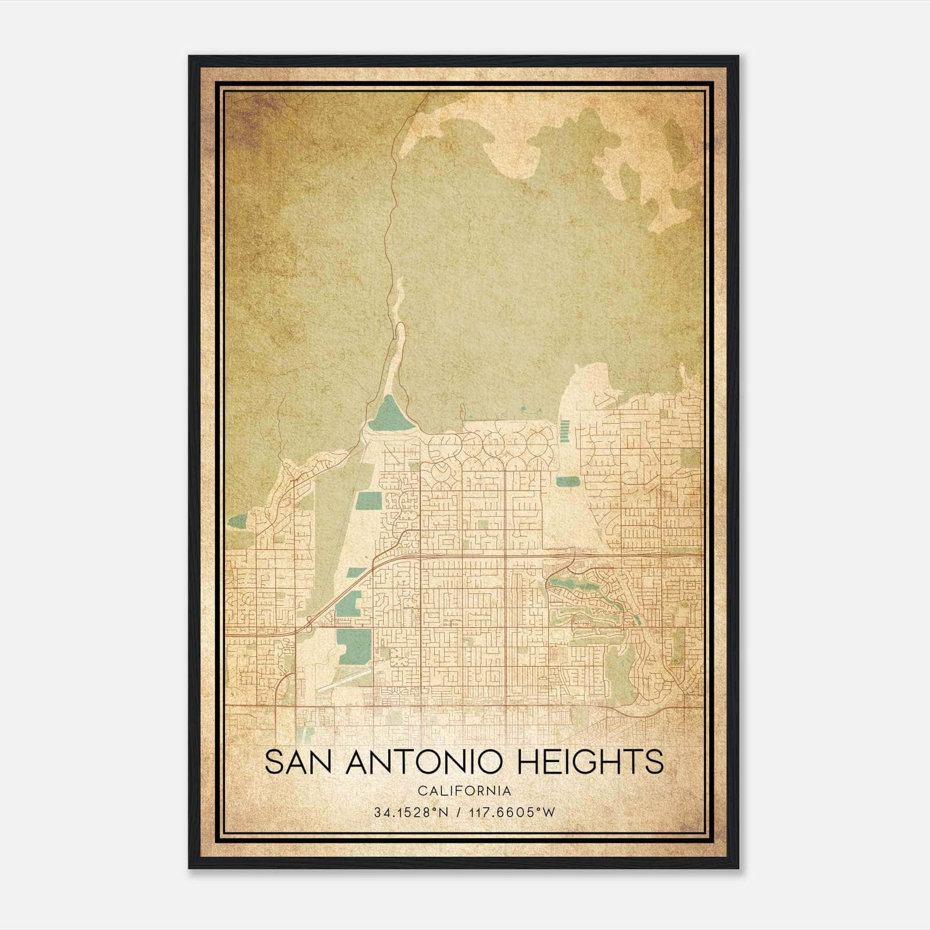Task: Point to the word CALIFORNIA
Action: pos(464,791)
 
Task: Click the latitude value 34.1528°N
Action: pos(410,813)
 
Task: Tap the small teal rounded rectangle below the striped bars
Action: pos(568,481)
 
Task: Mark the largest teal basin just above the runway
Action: pos(353,646)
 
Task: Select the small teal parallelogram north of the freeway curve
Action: pos(352,572)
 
